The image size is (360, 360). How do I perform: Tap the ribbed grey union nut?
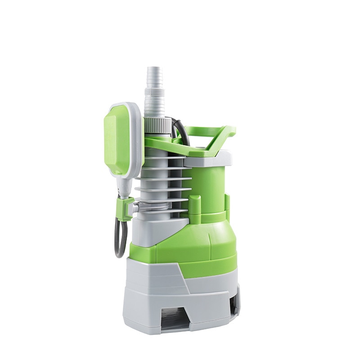pyautogui.click(x=156, y=123)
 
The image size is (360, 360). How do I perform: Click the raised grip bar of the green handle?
pyautogui.click(x=211, y=131)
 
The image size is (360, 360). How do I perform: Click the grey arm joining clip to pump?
pyautogui.click(x=135, y=207)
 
